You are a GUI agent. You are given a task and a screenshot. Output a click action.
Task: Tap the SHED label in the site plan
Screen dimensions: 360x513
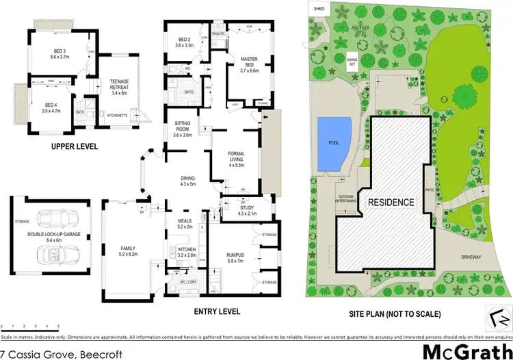tap(318, 8)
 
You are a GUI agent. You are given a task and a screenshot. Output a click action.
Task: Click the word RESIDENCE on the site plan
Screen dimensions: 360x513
tap(391, 203)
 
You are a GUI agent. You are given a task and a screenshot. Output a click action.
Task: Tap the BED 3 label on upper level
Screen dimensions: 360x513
tap(57, 54)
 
